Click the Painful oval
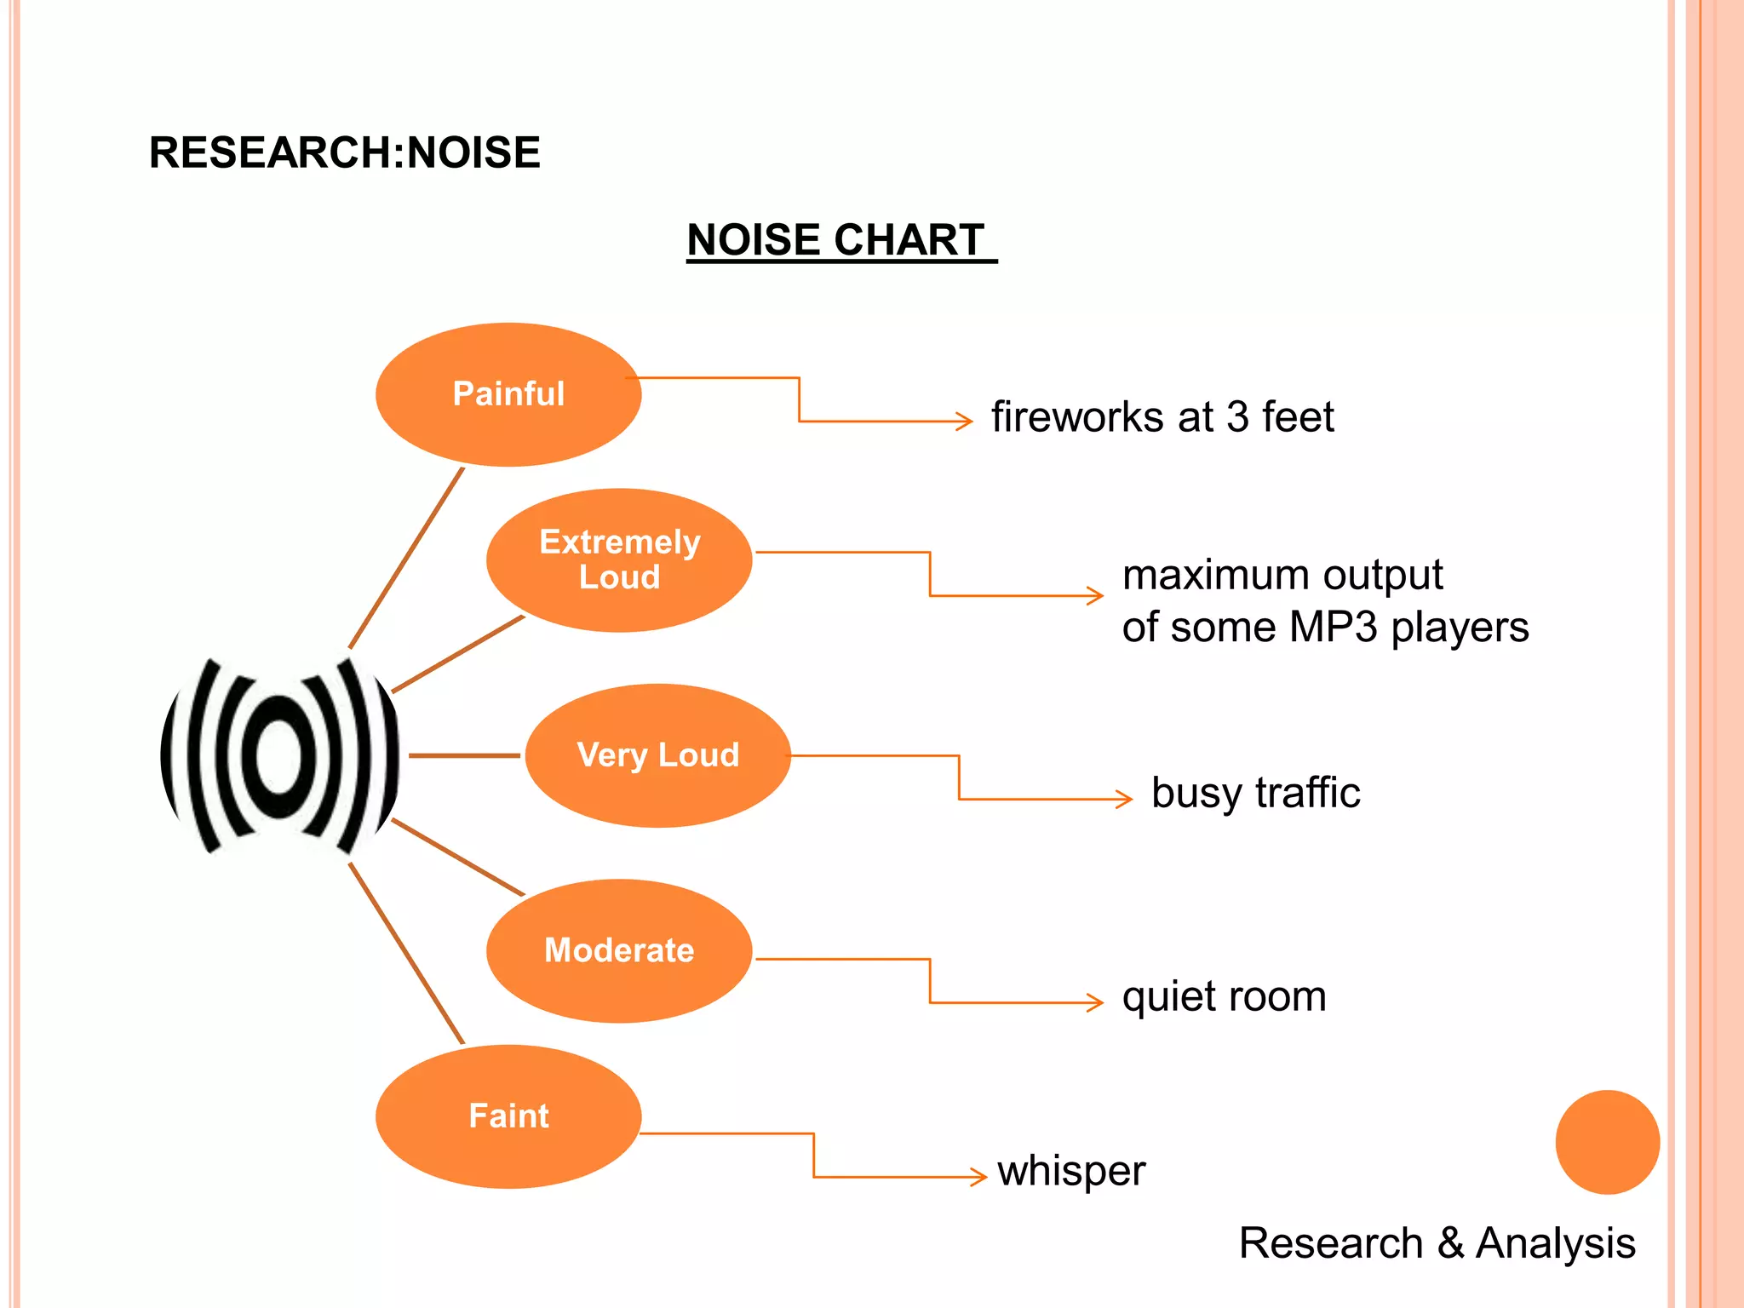pyautogui.click(x=508, y=394)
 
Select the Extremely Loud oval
pyautogui.click(x=619, y=560)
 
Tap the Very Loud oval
pyautogui.click(x=657, y=755)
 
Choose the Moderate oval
pyautogui.click(x=619, y=950)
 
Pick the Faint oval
pyautogui.click(x=508, y=1116)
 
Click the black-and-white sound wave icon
pyautogui.click(x=279, y=755)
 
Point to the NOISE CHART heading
pyautogui.click(x=836, y=240)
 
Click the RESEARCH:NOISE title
pyautogui.click(x=344, y=153)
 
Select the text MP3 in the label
pyautogui.click(x=1333, y=628)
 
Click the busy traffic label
pyautogui.click(x=1255, y=793)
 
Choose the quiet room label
pyautogui.click(x=1224, y=996)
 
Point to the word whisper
pyautogui.click(x=1071, y=1171)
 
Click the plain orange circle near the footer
pyautogui.click(x=1607, y=1142)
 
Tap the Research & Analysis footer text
pyautogui.click(x=1437, y=1242)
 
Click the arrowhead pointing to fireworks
pyautogui.click(x=966, y=421)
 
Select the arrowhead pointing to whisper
pyautogui.click(x=980, y=1177)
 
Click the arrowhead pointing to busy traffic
pyautogui.click(x=1126, y=799)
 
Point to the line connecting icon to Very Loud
pyautogui.click(x=464, y=755)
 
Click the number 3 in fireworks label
pyautogui.click(x=1237, y=417)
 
